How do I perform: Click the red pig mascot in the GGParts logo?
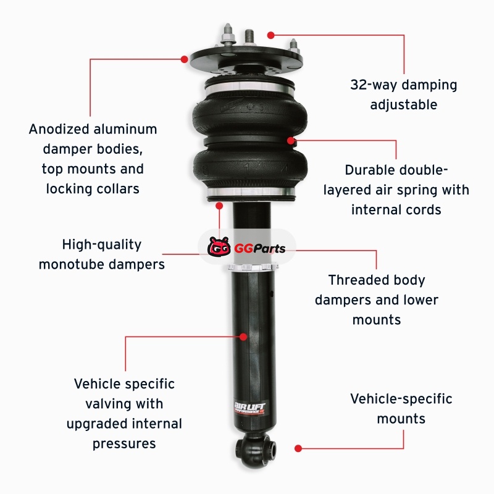click(x=219, y=246)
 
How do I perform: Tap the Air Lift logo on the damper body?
click(x=249, y=408)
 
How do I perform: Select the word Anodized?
click(x=59, y=129)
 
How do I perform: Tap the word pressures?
click(x=124, y=444)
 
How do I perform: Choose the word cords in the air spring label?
click(x=424, y=209)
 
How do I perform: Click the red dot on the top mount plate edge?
click(x=185, y=59)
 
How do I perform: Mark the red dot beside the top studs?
click(x=270, y=35)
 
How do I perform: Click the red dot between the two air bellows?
click(x=291, y=140)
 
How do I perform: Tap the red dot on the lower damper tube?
click(x=243, y=337)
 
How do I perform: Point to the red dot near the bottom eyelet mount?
click(x=298, y=448)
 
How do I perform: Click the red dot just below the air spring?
click(x=219, y=206)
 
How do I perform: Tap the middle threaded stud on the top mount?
click(x=249, y=39)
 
